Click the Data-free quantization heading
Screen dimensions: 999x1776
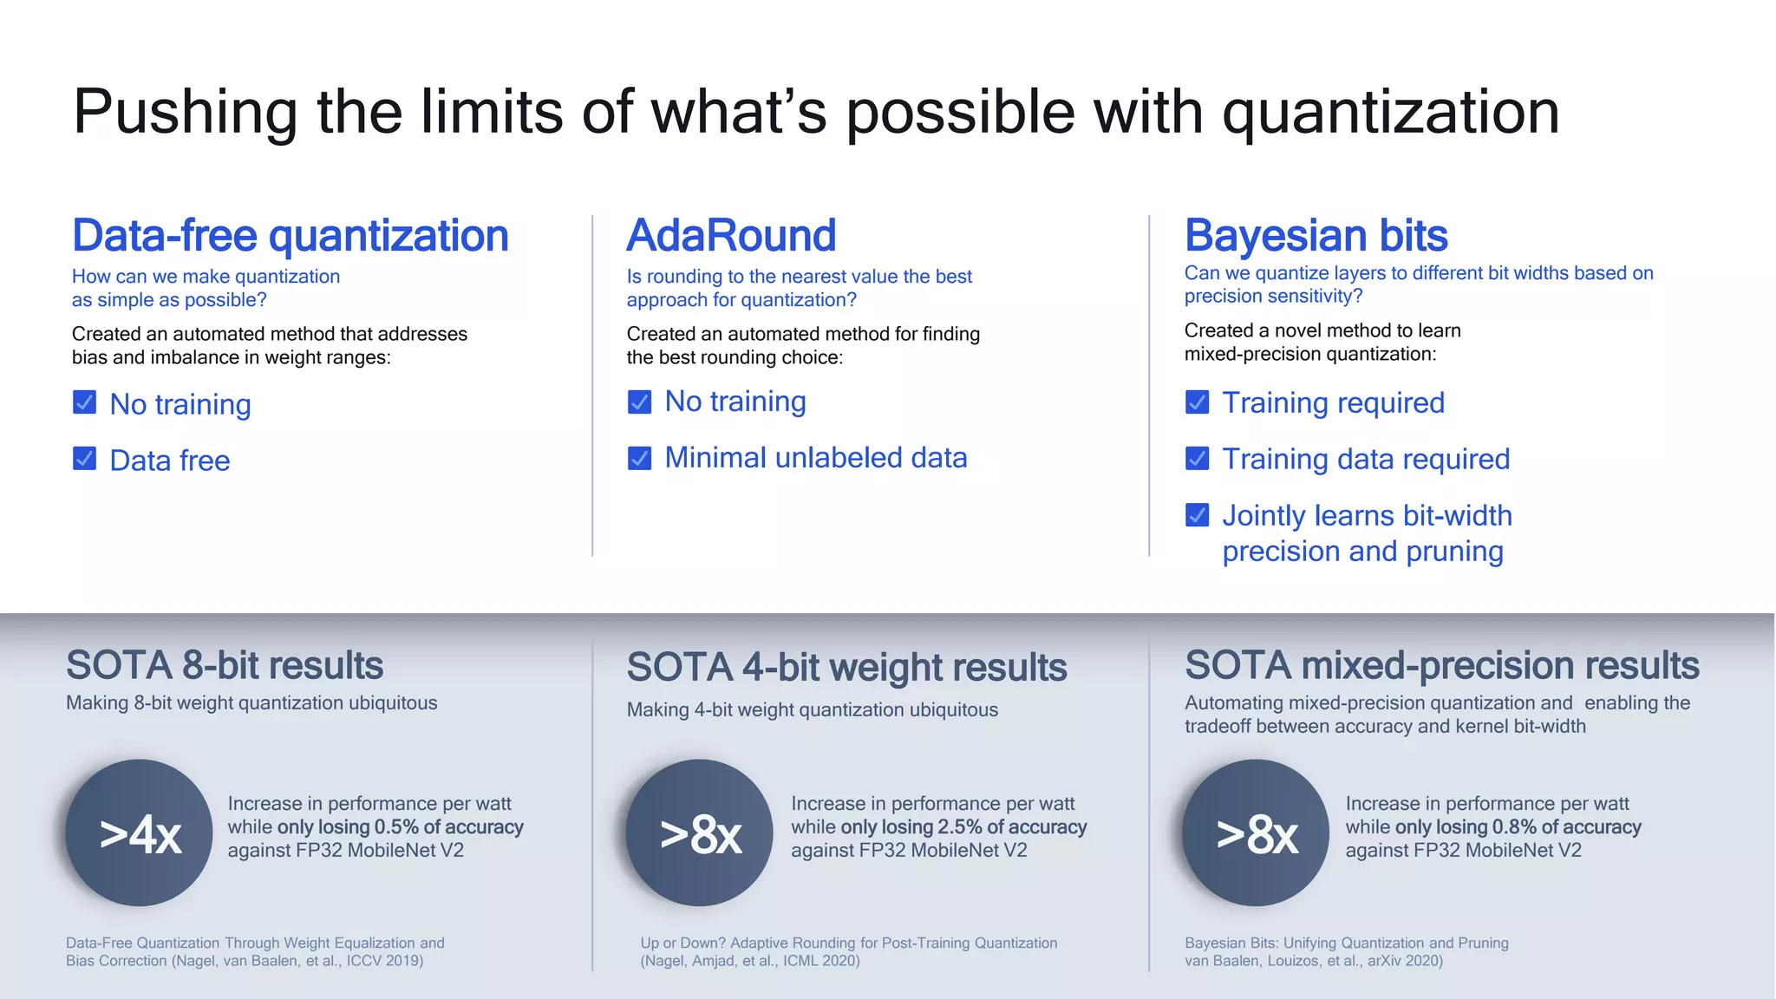pos(290,236)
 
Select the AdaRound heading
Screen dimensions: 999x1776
pos(731,236)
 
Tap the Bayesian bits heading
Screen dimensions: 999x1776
pos(1316,236)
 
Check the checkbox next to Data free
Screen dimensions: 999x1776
pos(84,459)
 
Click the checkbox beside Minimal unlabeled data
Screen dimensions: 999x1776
pos(639,458)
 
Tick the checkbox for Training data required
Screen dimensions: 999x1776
pos(1197,458)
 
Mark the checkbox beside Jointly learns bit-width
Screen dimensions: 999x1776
pos(1197,515)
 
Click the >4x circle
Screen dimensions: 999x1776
pos(140,833)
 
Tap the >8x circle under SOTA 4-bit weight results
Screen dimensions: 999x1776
pos(699,833)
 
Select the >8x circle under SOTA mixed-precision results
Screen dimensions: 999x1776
pos(1256,833)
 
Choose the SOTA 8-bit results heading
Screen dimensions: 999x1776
pos(225,666)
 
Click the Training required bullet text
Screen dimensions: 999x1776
pos(1333,403)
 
